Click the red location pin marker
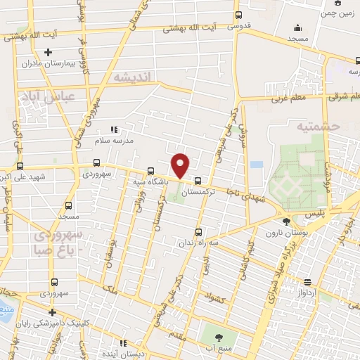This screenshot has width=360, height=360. pos(181,165)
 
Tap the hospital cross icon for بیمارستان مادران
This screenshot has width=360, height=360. pos(48,52)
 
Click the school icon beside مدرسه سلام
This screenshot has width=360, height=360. pos(114,130)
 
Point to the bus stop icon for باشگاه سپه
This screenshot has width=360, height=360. pos(151,170)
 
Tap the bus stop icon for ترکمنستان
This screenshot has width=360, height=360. pos(198,180)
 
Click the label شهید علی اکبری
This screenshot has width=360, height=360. pos(45,176)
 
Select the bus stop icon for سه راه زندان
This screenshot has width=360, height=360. pos(198,232)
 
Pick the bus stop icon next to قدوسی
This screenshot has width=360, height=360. pos(238,15)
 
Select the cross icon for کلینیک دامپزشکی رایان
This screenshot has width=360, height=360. pos(51,312)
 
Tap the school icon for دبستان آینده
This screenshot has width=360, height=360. pos(124,344)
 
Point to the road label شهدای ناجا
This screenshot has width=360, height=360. pos(243,193)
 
